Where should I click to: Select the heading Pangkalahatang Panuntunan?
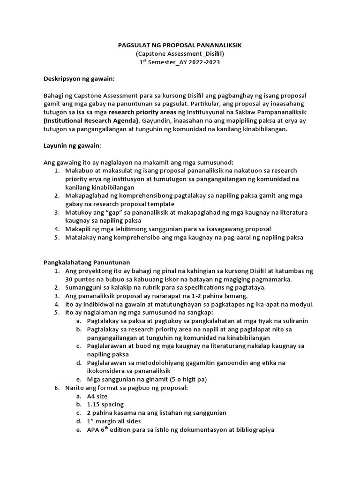tap(86, 262)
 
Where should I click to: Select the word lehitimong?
tap(121, 229)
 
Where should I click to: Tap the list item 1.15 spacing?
tap(105, 404)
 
